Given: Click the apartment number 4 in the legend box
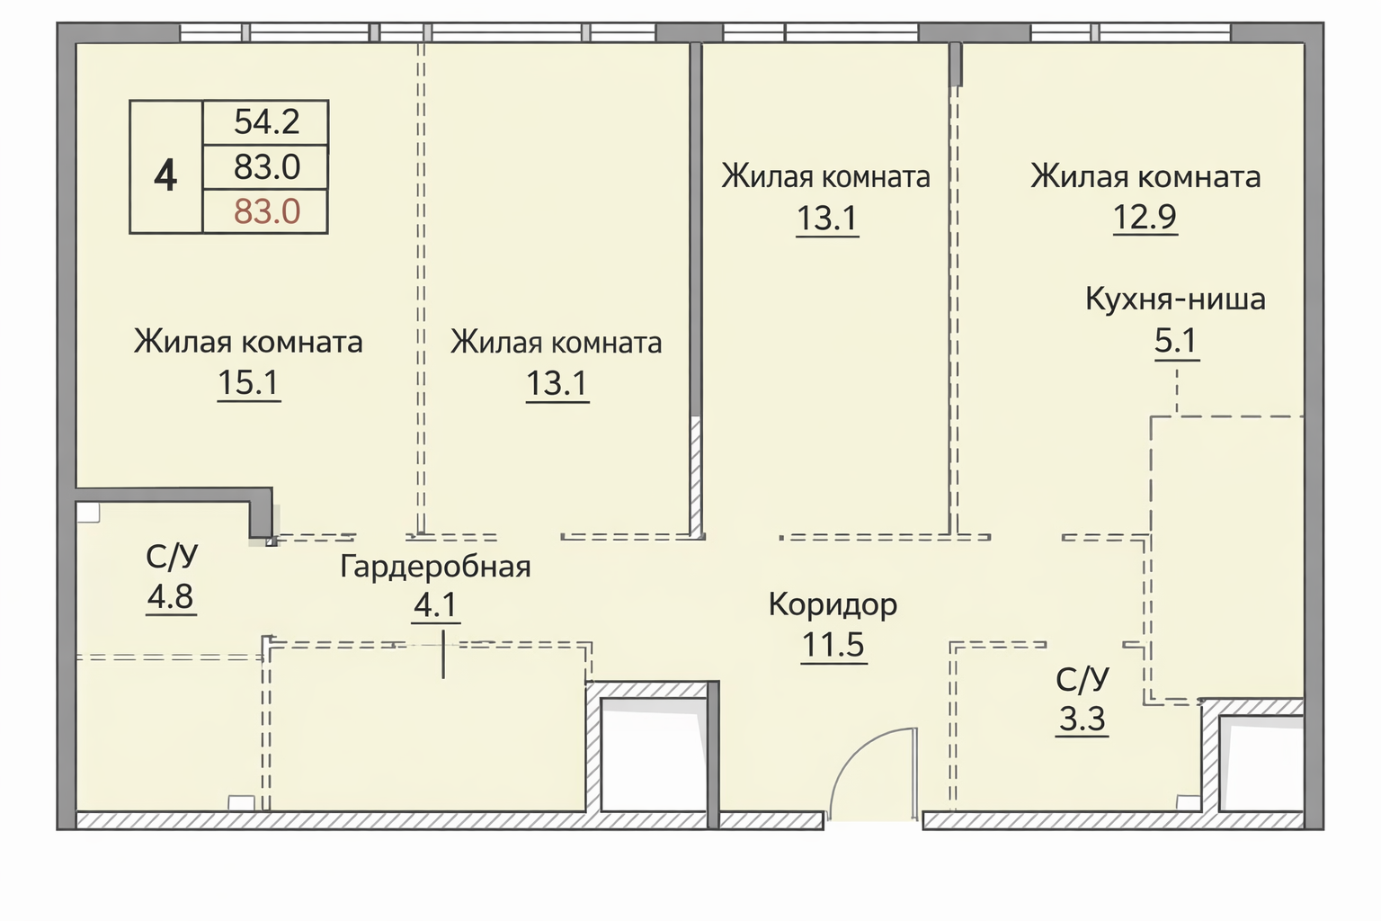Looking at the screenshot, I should [165, 174].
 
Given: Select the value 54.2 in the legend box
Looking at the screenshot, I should [266, 121].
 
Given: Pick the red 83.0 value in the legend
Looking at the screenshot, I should [266, 212].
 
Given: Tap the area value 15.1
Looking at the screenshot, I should [249, 383].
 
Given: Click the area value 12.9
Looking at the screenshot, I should [1145, 217].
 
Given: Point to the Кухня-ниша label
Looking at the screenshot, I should [1175, 299].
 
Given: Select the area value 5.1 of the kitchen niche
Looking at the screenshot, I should [1176, 341].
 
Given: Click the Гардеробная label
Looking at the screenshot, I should [435, 567].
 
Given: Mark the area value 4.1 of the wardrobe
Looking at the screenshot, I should [436, 605].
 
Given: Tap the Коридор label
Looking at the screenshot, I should [833, 604].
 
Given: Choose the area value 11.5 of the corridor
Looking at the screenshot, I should [833, 645].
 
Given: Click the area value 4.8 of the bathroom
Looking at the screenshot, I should [171, 596].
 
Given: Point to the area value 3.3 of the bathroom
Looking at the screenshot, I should [1083, 720].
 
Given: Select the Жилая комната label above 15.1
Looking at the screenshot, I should [248, 342].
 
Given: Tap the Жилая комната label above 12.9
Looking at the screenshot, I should [1145, 176].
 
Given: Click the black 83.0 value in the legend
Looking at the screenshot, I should [266, 167].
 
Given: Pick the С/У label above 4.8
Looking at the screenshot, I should [172, 557].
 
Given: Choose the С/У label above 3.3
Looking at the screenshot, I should [1083, 679].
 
